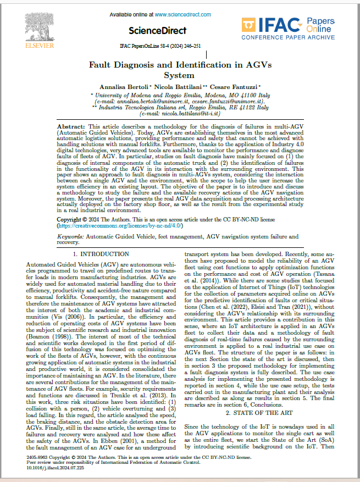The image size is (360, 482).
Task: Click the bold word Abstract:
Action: click(71, 127)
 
